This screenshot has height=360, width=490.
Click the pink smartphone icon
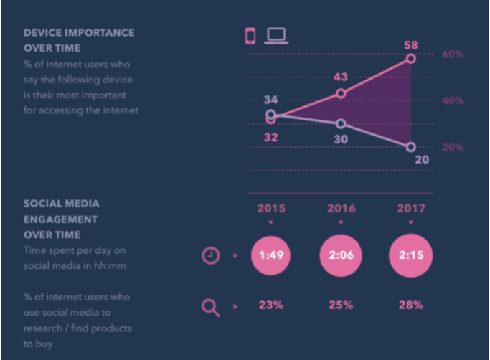tap(250, 36)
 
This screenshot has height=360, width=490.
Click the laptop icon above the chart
tap(276, 36)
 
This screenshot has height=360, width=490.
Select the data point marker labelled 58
tap(411, 58)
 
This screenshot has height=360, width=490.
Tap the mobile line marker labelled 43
tap(341, 93)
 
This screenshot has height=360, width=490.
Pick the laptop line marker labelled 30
tap(341, 124)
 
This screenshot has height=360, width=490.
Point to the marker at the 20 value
tap(411, 147)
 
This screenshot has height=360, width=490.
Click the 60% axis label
tap(453, 54)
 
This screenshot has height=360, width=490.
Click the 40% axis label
tap(453, 100)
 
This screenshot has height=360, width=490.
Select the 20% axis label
tap(453, 147)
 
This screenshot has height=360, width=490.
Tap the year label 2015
tap(271, 209)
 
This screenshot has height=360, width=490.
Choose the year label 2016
tap(341, 209)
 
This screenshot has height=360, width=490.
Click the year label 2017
tap(411, 209)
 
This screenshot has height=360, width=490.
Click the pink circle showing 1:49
tap(271, 255)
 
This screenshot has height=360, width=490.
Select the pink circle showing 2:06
tap(341, 255)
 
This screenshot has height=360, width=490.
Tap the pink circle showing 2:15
tap(411, 255)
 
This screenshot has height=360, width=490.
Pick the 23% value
tap(271, 305)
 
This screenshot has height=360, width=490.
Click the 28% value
tap(411, 305)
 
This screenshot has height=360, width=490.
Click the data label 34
tap(270, 100)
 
